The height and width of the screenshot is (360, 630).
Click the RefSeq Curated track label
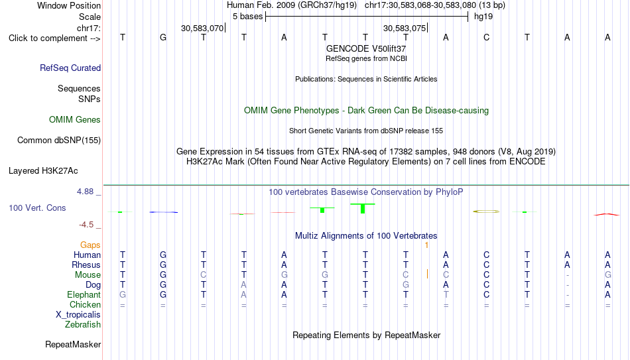(70, 68)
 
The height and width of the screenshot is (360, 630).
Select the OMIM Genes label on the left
(74, 120)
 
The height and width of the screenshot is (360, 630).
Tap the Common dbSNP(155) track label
(58, 141)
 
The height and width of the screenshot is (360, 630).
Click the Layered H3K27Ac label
(43, 171)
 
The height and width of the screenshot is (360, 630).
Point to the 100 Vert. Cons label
(37, 208)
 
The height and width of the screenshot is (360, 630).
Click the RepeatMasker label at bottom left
(73, 344)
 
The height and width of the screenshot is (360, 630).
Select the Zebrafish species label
(83, 325)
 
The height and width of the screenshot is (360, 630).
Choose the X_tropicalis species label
(78, 315)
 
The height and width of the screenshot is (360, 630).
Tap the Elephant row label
(84, 294)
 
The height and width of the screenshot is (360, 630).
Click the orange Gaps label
(90, 245)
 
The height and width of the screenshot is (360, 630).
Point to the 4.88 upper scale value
(85, 192)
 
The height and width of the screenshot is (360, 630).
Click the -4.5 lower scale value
(86, 225)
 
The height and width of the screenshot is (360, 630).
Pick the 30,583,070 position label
(202, 28)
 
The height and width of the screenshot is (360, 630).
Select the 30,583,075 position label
(405, 28)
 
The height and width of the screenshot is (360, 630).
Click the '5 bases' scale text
(247, 17)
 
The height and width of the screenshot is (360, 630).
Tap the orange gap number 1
(426, 245)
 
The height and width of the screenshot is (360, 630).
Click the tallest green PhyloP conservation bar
(363, 209)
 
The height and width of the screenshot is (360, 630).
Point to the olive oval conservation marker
(486, 211)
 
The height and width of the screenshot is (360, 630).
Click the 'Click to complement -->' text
(54, 38)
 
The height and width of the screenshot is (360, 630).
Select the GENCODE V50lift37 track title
(366, 48)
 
